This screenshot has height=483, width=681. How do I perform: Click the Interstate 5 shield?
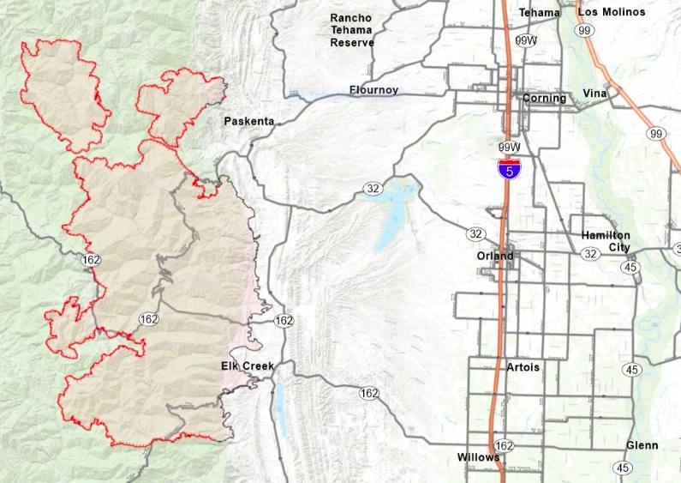pos(510,169)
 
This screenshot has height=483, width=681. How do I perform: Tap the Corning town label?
pos(545,98)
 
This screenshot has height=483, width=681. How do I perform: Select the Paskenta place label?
pos(249,122)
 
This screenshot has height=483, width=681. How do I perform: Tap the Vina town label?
pos(594,93)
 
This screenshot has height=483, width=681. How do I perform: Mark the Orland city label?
pos(495,256)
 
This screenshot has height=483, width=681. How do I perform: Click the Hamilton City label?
pos(606,241)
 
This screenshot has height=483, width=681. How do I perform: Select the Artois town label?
pos(523,367)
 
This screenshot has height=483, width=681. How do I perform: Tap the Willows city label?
pos(478,457)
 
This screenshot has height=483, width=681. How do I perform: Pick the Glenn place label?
pos(642,445)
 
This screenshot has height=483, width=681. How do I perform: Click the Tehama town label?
pos(540,13)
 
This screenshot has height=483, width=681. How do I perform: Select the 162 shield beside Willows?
pos(505,446)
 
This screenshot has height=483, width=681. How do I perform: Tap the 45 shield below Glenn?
pos(623,468)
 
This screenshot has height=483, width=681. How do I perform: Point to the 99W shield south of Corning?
pos(509,148)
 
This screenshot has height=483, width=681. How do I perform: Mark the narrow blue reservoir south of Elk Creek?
pos(278,403)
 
